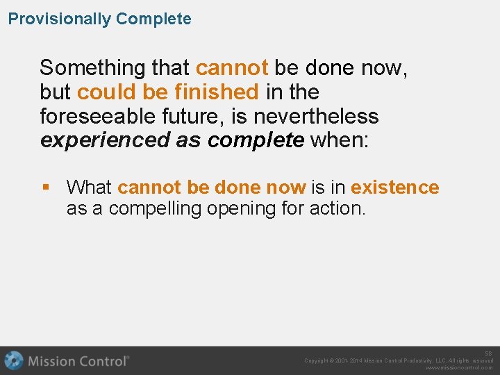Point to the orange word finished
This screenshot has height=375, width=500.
[217, 92]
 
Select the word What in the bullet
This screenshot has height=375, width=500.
[90, 187]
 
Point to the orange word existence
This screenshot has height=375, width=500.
[394, 187]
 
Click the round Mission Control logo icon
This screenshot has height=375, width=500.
[13, 361]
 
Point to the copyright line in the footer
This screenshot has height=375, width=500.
[398, 360]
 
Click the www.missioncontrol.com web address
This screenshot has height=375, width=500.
[459, 368]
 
